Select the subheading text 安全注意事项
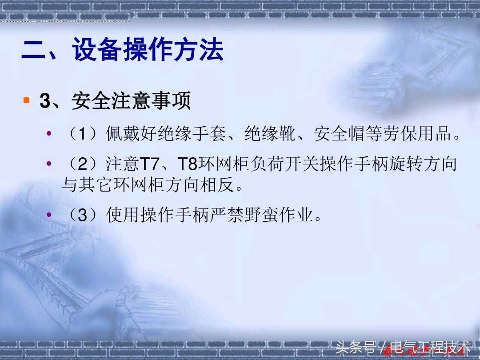click(x=131, y=101)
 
